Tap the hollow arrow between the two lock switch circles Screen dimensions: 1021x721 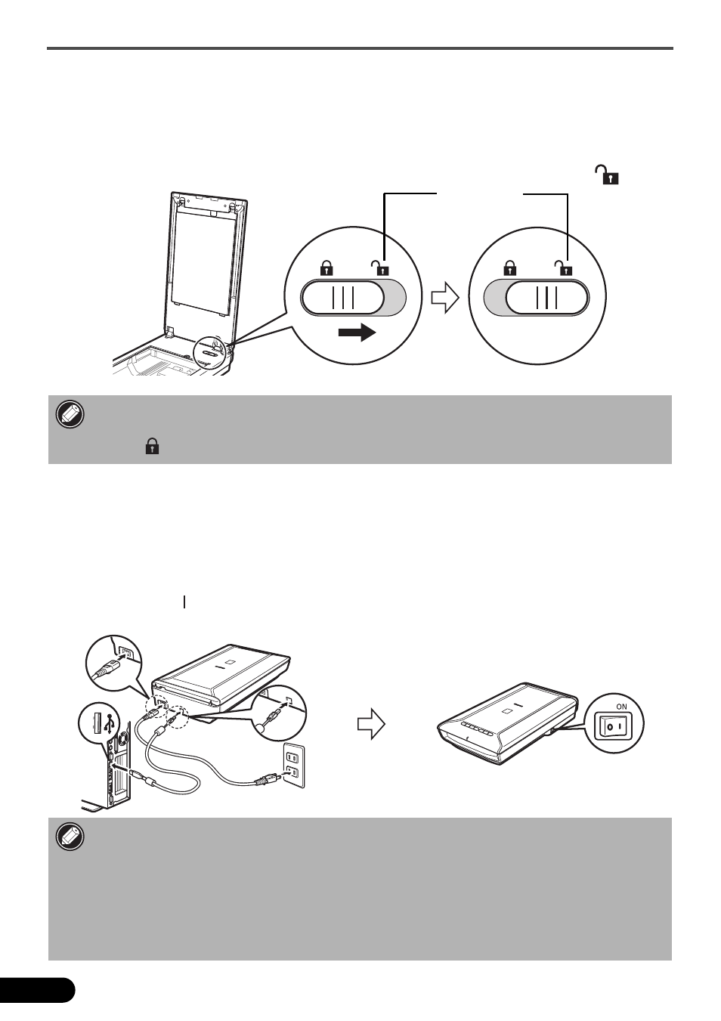tap(444, 297)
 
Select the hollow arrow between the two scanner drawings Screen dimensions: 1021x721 tap(370, 726)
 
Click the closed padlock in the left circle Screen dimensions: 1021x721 tap(326, 267)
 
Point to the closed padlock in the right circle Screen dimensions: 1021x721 tap(510, 267)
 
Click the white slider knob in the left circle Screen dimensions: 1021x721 tap(342, 298)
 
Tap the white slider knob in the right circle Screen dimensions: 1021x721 tap(546, 298)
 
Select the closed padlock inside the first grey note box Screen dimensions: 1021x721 tap(152, 447)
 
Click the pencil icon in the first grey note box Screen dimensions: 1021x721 tap(70, 415)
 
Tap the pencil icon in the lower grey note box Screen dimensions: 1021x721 tap(70, 837)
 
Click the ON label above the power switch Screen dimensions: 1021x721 tap(620, 706)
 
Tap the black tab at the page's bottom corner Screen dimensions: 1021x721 tap(36, 989)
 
